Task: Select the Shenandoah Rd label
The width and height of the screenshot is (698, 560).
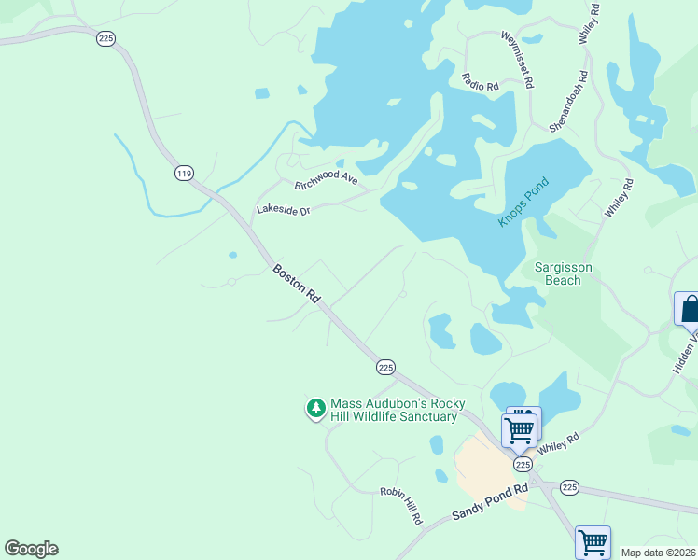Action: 568,101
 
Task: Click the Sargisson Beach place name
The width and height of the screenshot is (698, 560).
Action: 564,273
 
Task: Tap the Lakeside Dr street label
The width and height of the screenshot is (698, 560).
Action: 283,211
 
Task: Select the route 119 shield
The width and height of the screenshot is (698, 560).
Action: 184,173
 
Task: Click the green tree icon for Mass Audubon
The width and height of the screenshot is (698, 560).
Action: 316,409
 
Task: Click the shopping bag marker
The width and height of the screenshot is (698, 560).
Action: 689,308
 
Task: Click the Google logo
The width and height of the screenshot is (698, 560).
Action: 31,549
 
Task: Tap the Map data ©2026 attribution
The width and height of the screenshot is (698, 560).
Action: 658,553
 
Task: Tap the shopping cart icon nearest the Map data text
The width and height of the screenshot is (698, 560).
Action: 592,541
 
